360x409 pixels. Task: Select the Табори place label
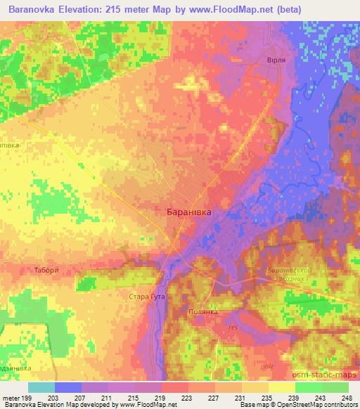[65, 271]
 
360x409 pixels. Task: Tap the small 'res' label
[233, 327]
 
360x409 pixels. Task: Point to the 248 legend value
[347, 397]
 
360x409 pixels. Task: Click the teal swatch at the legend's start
[41, 387]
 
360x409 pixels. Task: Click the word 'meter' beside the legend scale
[13, 397]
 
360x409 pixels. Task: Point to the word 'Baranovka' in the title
[30, 9]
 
